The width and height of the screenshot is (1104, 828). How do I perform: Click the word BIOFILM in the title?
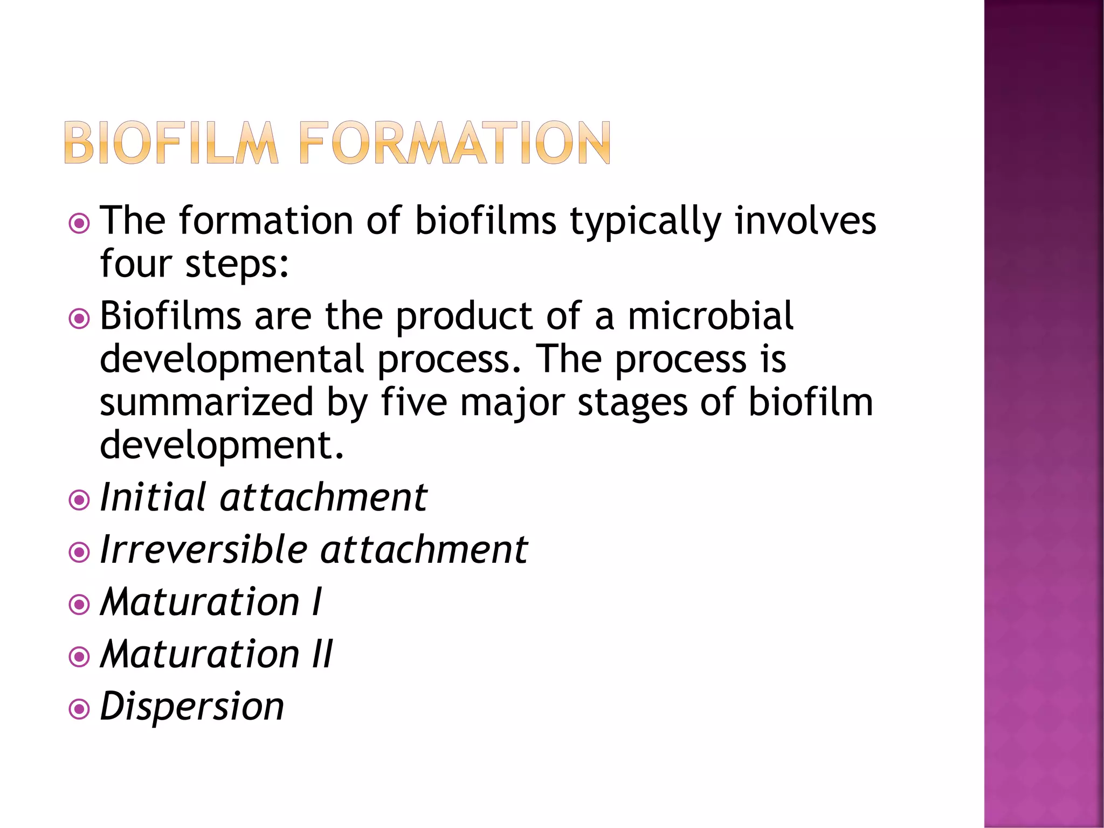click(171, 143)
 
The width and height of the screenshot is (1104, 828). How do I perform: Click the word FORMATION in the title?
click(454, 143)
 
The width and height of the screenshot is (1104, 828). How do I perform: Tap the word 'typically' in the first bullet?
click(645, 221)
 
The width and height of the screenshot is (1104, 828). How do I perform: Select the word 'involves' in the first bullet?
click(805, 221)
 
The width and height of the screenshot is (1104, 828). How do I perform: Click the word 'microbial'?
click(710, 316)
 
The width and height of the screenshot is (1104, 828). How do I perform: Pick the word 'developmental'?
click(232, 360)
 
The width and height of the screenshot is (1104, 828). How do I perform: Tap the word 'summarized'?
click(206, 403)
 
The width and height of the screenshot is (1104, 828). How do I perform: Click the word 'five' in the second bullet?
click(414, 403)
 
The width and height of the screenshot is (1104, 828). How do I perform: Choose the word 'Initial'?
click(153, 497)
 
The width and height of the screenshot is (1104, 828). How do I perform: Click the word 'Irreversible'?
click(204, 550)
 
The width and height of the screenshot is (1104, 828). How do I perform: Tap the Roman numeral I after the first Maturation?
click(318, 602)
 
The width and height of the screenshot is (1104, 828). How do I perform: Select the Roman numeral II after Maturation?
click(323, 654)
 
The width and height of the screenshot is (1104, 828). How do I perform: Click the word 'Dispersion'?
click(192, 707)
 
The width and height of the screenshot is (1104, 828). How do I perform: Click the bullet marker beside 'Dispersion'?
click(79, 709)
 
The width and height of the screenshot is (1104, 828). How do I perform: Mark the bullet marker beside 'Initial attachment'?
click(79, 500)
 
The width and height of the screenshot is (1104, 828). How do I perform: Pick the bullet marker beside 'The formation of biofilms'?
click(79, 223)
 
